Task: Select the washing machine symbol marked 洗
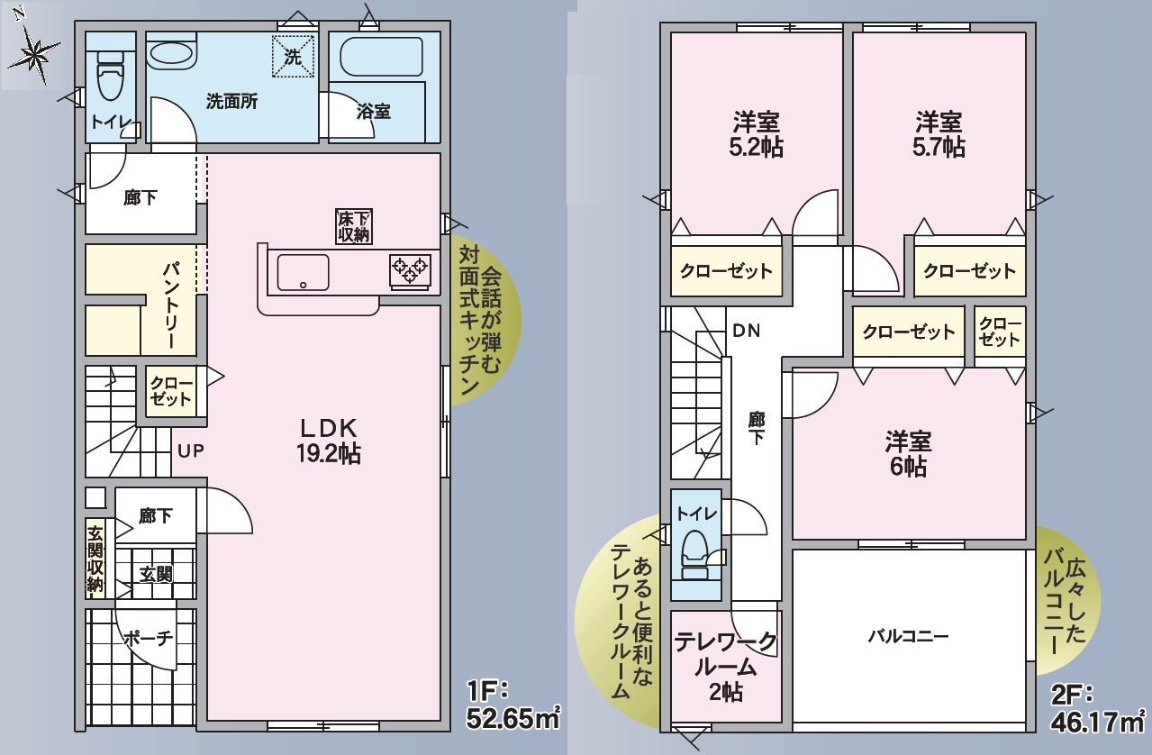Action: point(293,56)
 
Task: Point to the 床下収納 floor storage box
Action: point(354,226)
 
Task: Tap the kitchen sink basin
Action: point(303,272)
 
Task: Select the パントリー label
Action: point(172,305)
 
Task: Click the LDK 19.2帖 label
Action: point(329,441)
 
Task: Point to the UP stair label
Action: point(191,451)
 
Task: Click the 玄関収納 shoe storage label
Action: point(95,559)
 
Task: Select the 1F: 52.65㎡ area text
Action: point(513,704)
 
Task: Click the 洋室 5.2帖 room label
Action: point(756,135)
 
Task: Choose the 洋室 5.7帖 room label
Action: point(939,135)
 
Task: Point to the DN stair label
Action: point(746,331)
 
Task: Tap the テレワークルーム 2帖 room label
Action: point(726,667)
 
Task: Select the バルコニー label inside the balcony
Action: point(908,637)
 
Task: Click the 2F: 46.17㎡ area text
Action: point(1097,707)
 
